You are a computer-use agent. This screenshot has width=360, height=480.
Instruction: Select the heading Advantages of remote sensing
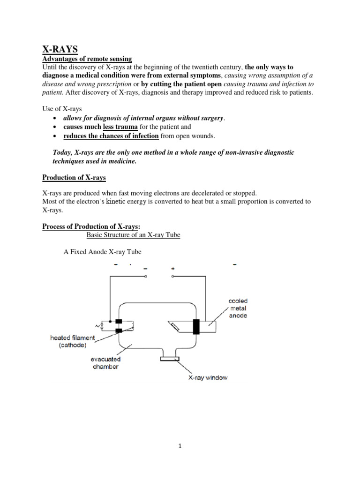[x=87, y=59]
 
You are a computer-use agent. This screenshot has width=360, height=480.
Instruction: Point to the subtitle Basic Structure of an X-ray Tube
[x=134, y=235]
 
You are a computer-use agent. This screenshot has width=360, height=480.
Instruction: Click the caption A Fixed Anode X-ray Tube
[x=102, y=252]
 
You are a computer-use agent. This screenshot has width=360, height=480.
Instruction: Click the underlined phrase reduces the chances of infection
[x=112, y=136]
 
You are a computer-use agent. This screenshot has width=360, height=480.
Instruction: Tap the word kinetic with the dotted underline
[x=117, y=202]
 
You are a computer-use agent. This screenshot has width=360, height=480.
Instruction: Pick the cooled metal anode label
[x=238, y=308]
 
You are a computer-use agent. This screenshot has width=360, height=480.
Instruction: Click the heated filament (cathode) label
[x=73, y=341]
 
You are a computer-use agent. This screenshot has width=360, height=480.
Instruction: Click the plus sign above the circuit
[x=173, y=269]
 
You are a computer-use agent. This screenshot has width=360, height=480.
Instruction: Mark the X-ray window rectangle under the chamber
[x=170, y=359]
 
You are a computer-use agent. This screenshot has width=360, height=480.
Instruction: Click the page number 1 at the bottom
[x=180, y=446]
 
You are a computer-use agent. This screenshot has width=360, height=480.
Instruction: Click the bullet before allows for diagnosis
[x=56, y=118]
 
